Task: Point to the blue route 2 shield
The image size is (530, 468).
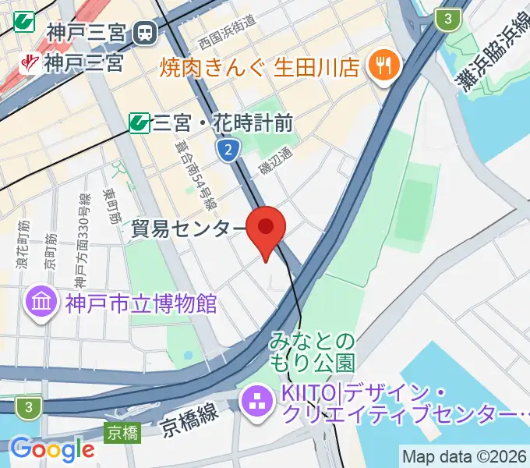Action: (x=227, y=151)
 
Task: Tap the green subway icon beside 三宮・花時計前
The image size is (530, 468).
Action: (x=140, y=122)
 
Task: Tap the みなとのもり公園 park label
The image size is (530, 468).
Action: (x=313, y=352)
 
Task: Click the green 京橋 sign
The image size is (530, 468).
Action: (x=123, y=431)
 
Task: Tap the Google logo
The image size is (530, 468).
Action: (x=52, y=449)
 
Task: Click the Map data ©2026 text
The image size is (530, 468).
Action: (x=465, y=456)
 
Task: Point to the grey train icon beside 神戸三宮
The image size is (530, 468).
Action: (x=145, y=33)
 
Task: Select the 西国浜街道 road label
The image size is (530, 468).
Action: (x=226, y=34)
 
